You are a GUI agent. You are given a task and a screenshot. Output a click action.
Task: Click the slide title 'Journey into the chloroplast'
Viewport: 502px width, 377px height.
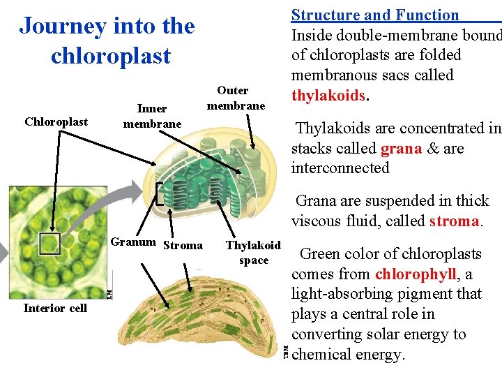point(107,40)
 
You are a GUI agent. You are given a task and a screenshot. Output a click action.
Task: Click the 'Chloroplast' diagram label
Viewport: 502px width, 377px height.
point(56,122)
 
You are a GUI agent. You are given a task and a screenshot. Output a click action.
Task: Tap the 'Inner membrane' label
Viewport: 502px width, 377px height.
point(152,116)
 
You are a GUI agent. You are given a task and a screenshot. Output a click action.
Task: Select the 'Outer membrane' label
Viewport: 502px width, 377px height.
point(236,98)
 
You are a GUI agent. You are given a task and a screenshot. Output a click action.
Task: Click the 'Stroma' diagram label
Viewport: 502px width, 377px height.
point(183,246)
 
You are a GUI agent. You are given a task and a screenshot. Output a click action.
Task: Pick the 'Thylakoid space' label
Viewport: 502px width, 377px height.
point(253,253)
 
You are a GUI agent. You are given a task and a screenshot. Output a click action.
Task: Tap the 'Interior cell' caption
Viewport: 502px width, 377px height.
point(55,309)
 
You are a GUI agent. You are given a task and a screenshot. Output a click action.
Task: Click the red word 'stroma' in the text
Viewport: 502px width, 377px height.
point(455,221)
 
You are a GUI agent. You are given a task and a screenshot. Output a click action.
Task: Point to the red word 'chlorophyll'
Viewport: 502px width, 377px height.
point(415,274)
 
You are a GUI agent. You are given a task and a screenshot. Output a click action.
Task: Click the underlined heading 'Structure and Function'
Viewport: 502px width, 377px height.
point(375,15)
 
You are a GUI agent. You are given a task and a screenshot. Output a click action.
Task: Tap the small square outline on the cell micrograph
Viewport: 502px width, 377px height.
point(50,244)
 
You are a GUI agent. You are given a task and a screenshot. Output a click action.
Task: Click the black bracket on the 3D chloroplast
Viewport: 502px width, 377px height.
point(160,194)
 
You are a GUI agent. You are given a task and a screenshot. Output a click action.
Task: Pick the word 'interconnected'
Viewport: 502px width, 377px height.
point(340,168)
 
